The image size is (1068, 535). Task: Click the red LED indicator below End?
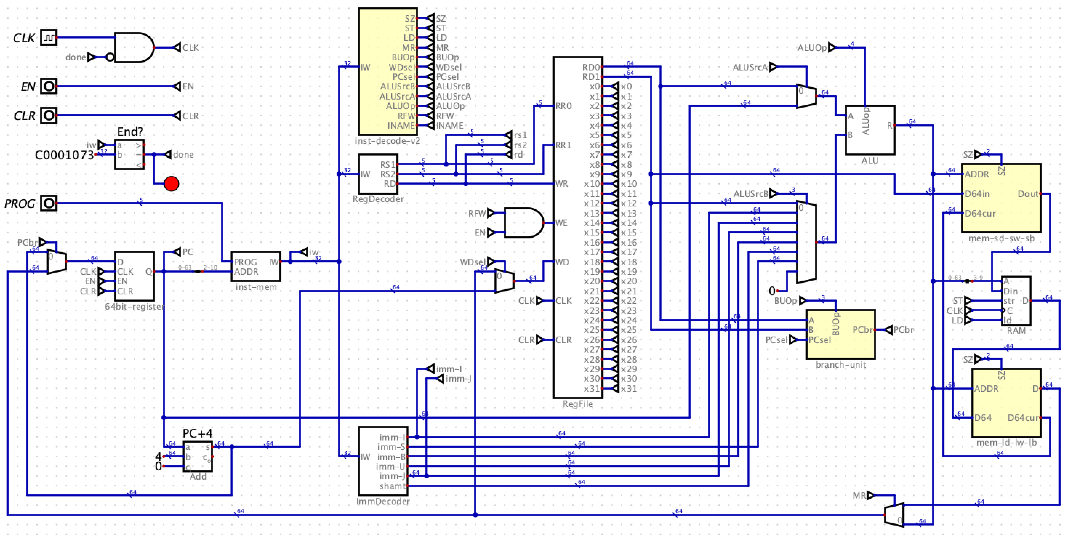point(171,183)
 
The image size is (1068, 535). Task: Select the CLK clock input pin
point(48,38)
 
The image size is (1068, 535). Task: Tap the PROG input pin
point(48,203)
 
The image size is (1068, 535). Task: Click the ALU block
point(870,130)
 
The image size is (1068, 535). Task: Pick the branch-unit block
point(840,334)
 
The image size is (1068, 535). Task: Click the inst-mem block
point(256,266)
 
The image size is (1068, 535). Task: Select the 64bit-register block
point(134,276)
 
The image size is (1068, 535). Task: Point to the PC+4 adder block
point(198,456)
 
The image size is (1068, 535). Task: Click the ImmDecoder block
point(383,461)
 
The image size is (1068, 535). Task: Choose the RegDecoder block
point(378,174)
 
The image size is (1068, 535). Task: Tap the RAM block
point(1016,301)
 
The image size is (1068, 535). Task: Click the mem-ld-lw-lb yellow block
point(1006,403)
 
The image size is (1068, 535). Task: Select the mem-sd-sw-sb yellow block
point(1001,198)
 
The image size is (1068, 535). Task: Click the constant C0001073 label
point(64,155)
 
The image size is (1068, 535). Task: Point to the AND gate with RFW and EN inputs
point(523,223)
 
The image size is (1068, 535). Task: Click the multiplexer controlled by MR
point(894,515)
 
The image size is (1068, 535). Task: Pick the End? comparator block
point(129,154)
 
